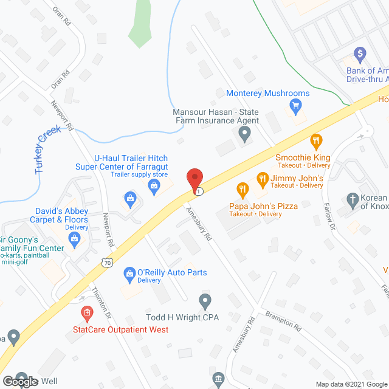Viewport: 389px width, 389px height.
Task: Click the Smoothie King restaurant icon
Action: [315, 142]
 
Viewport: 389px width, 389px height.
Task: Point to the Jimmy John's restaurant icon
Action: [263, 179]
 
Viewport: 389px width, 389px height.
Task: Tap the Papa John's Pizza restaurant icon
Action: [242, 189]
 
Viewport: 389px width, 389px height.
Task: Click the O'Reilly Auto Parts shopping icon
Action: [129, 275]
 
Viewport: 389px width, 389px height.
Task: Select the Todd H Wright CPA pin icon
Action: [205, 300]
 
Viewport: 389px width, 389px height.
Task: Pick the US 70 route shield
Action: [107, 263]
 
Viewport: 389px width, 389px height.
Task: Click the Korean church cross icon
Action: [352, 199]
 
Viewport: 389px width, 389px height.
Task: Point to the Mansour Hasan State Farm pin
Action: [244, 136]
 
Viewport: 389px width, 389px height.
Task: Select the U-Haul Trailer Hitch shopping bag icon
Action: [130, 198]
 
